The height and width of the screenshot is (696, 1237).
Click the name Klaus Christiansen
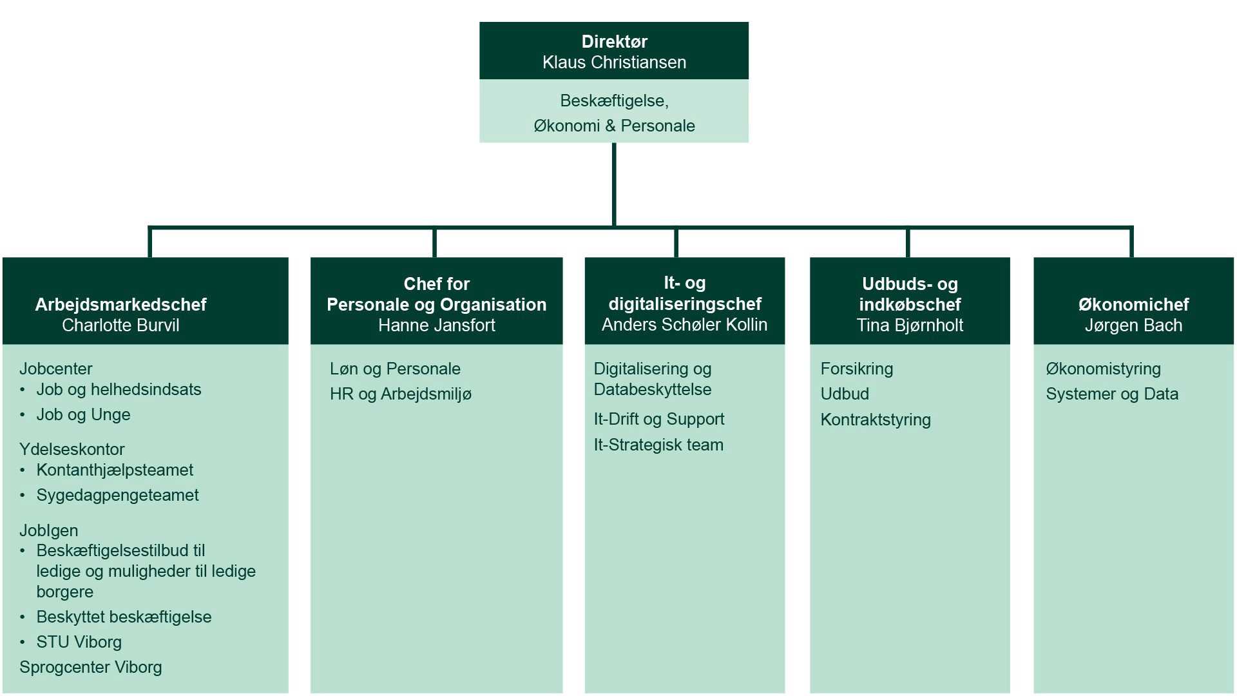coord(614,63)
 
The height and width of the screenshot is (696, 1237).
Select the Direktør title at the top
coord(614,41)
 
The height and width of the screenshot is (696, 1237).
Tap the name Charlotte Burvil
coord(120,325)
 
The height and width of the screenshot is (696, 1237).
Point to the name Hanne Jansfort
coord(436,325)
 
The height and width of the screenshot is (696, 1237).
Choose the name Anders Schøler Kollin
coord(684,325)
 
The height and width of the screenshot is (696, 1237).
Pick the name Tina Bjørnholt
coord(910,325)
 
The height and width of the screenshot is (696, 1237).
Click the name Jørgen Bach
coord(1133,325)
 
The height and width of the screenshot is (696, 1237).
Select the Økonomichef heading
coord(1133,304)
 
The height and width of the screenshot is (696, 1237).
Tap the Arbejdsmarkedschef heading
coord(120,304)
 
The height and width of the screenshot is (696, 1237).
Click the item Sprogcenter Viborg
coord(91,667)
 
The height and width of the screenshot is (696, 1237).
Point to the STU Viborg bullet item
coord(79,642)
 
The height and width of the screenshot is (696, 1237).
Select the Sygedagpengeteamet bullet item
coord(117,495)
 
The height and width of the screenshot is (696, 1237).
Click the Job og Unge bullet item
coord(83,414)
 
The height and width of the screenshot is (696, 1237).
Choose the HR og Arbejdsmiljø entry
coord(400,394)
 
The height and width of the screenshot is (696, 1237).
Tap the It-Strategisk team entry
coord(658,445)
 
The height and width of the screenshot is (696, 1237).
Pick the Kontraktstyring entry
coord(876,420)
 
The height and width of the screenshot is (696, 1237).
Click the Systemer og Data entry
coord(1112,394)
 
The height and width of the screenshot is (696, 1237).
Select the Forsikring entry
coord(857,369)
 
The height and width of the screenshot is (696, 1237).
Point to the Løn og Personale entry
coord(395,369)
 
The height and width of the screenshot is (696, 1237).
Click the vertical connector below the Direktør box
coord(614,184)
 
